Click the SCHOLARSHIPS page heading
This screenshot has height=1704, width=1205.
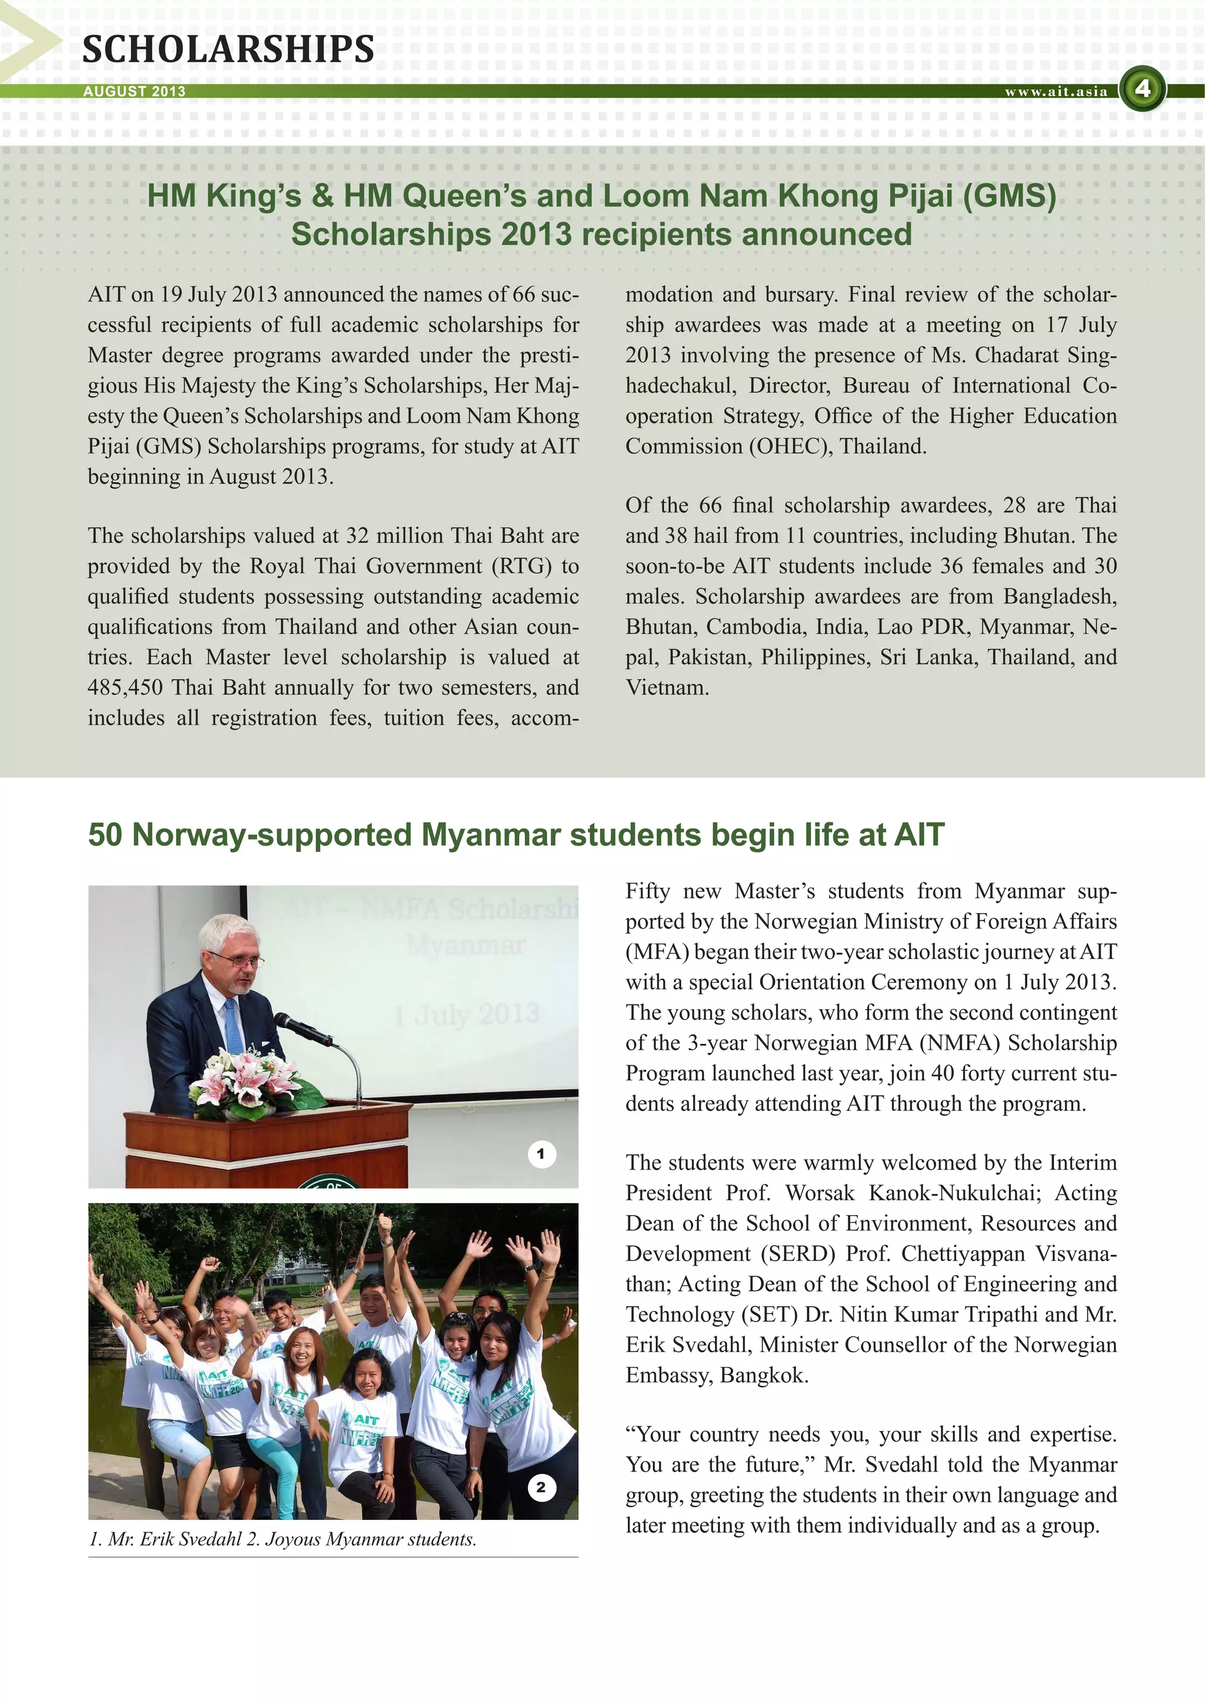point(228,50)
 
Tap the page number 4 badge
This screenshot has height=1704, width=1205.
point(1142,89)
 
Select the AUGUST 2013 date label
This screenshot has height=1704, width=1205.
point(134,91)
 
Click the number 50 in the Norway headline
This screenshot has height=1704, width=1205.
point(105,835)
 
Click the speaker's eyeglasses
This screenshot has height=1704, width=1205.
point(238,960)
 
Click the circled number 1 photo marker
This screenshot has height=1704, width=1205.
point(541,1154)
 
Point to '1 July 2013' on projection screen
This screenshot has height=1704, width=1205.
point(466,1014)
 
